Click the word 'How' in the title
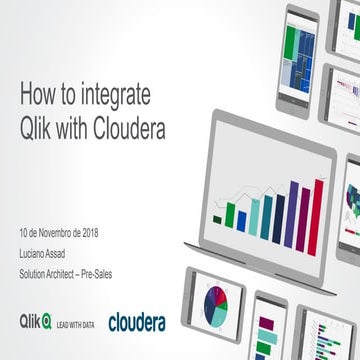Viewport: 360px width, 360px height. [x=35, y=96]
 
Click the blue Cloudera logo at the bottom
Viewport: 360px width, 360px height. [x=137, y=321]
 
